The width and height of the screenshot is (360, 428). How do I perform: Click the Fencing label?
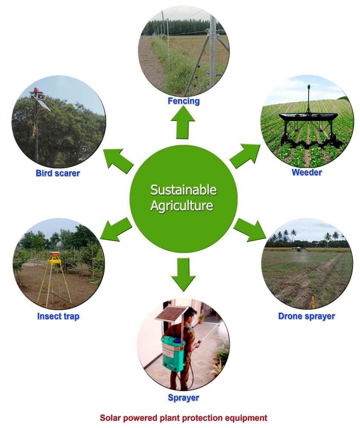pos(184,101)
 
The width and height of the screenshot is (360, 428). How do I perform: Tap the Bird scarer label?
pos(58,174)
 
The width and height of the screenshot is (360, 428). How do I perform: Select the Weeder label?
pos(306,172)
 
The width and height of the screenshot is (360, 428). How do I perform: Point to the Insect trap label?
pos(58,316)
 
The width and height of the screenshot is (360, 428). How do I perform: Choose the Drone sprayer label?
pos(306,316)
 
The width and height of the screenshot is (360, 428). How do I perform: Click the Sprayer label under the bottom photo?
pos(183,397)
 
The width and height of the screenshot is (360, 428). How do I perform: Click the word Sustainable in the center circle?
pos(183,190)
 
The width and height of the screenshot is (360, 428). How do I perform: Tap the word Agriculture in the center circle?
pos(182,206)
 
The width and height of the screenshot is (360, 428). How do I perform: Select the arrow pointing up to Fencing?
pos(183,123)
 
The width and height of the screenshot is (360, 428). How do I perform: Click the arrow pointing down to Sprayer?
pos(183,274)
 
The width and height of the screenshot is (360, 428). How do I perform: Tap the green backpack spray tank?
pos(172,349)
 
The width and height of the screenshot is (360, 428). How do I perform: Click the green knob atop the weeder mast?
pos(309,87)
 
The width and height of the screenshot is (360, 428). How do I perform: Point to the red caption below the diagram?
pos(183,418)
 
